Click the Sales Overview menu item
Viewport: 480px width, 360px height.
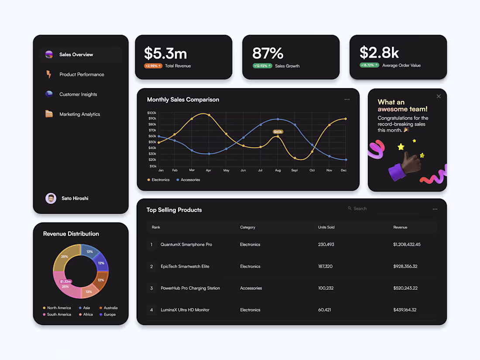click(x=76, y=55)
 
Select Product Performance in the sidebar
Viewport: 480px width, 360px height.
click(x=82, y=75)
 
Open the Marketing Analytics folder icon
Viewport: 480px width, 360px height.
click(x=49, y=114)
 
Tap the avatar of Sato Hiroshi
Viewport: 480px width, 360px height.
click(x=51, y=199)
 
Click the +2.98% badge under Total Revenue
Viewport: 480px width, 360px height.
click(x=153, y=66)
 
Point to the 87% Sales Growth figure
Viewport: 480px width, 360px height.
click(x=267, y=53)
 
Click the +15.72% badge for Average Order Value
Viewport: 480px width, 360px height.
click(x=369, y=65)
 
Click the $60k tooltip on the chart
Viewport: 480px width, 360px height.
click(x=278, y=131)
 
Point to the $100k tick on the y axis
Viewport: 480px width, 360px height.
click(x=152, y=113)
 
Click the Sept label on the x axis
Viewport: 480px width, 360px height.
click(x=295, y=170)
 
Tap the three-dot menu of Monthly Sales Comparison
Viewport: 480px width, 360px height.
click(x=347, y=99)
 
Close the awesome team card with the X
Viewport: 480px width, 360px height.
click(x=439, y=96)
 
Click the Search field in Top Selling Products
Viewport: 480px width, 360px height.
click(x=371, y=209)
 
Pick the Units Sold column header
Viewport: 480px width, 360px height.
click(x=326, y=227)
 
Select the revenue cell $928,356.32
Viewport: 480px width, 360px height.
click(x=405, y=266)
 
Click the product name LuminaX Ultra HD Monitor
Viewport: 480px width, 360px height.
click(x=185, y=310)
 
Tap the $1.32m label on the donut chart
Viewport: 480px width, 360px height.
click(x=65, y=281)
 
